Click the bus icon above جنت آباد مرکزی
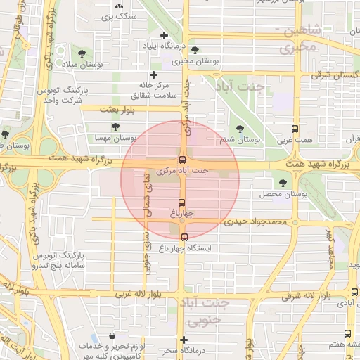tap(183, 160)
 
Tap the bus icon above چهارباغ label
tap(183, 202)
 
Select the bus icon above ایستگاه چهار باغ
tap(184, 237)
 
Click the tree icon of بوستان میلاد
tap(82, 53)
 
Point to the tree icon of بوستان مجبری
tap(195, 50)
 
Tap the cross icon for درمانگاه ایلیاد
tap(164, 35)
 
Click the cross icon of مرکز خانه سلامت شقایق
tap(153, 75)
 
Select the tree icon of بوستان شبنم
tap(240, 129)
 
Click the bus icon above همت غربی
tap(295, 129)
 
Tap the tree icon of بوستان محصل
tap(283, 182)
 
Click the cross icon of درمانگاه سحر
tap(183, 340)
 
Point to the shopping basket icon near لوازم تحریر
tap(112, 336)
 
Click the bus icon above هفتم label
tap(347, 333)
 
